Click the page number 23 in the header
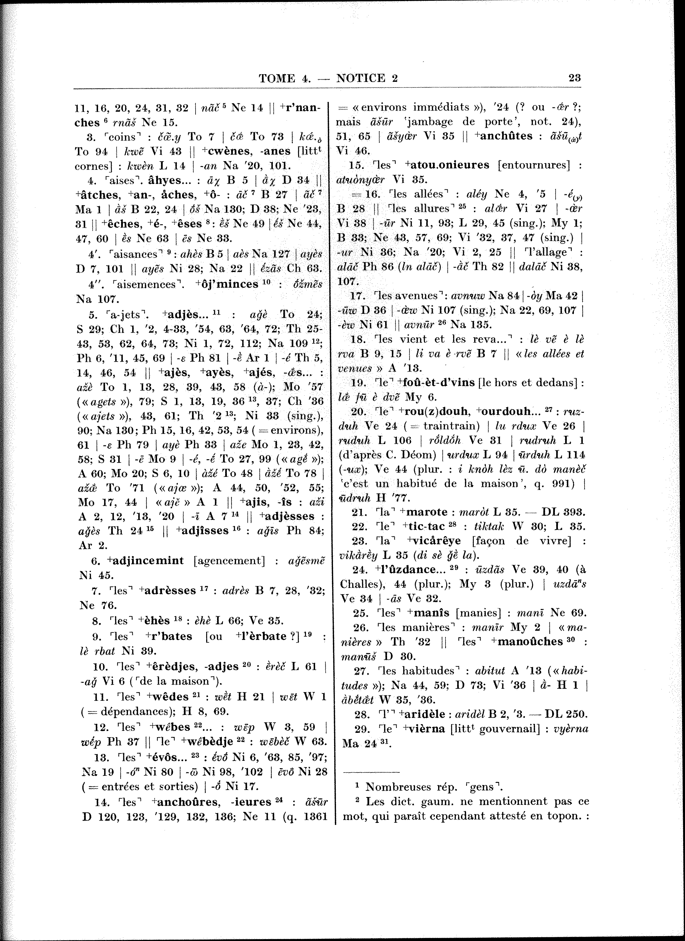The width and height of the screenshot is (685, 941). (574, 78)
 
